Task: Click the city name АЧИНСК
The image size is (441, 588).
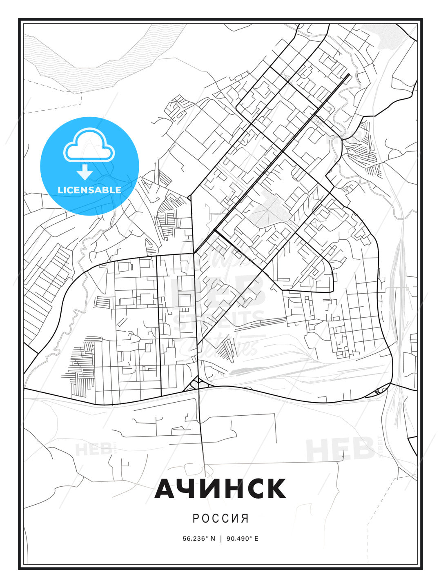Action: click(x=220, y=488)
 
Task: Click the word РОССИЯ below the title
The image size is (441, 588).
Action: click(x=220, y=518)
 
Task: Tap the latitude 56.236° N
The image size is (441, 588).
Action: click(x=198, y=539)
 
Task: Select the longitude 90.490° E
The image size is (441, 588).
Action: click(x=243, y=539)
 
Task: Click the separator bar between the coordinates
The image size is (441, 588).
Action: click(x=221, y=539)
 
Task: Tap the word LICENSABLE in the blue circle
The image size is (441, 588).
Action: click(x=89, y=190)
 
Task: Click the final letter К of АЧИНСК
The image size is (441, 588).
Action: click(x=274, y=488)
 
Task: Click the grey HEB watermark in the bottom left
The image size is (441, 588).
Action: click(x=93, y=449)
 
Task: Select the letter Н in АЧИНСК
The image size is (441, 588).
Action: click(x=231, y=488)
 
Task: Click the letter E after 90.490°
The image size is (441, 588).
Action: click(x=256, y=539)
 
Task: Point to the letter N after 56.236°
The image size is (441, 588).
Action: click(x=213, y=539)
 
